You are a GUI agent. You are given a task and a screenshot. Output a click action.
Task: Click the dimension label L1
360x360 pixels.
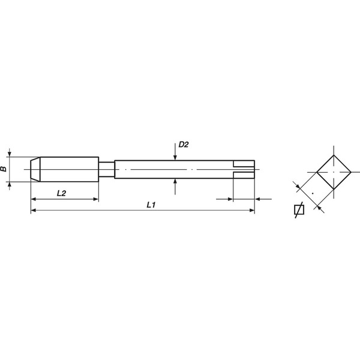click(x=151, y=205)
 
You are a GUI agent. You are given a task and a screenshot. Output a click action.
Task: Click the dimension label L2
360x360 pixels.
click(x=62, y=193)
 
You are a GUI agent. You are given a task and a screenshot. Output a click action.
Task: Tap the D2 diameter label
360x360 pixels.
click(x=184, y=145)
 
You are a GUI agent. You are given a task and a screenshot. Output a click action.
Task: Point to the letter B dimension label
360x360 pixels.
click(x=4, y=169)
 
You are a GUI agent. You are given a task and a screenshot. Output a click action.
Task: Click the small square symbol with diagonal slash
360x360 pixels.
click(x=298, y=210)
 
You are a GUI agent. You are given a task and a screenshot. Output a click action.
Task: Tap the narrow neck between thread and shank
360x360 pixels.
click(x=106, y=169)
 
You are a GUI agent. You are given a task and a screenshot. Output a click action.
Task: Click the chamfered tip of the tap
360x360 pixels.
click(x=35, y=169)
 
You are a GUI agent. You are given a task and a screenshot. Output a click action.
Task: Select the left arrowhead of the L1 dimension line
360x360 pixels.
click(x=33, y=210)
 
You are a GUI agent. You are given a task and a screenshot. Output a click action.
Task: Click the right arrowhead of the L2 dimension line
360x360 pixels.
click(x=95, y=199)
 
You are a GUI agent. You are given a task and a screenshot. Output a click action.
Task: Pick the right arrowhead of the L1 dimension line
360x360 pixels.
click(x=252, y=210)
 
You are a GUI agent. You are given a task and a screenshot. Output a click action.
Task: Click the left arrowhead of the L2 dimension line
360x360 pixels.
click(x=33, y=199)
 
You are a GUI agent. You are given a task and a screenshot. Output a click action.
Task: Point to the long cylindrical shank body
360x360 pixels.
click(x=174, y=169)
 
